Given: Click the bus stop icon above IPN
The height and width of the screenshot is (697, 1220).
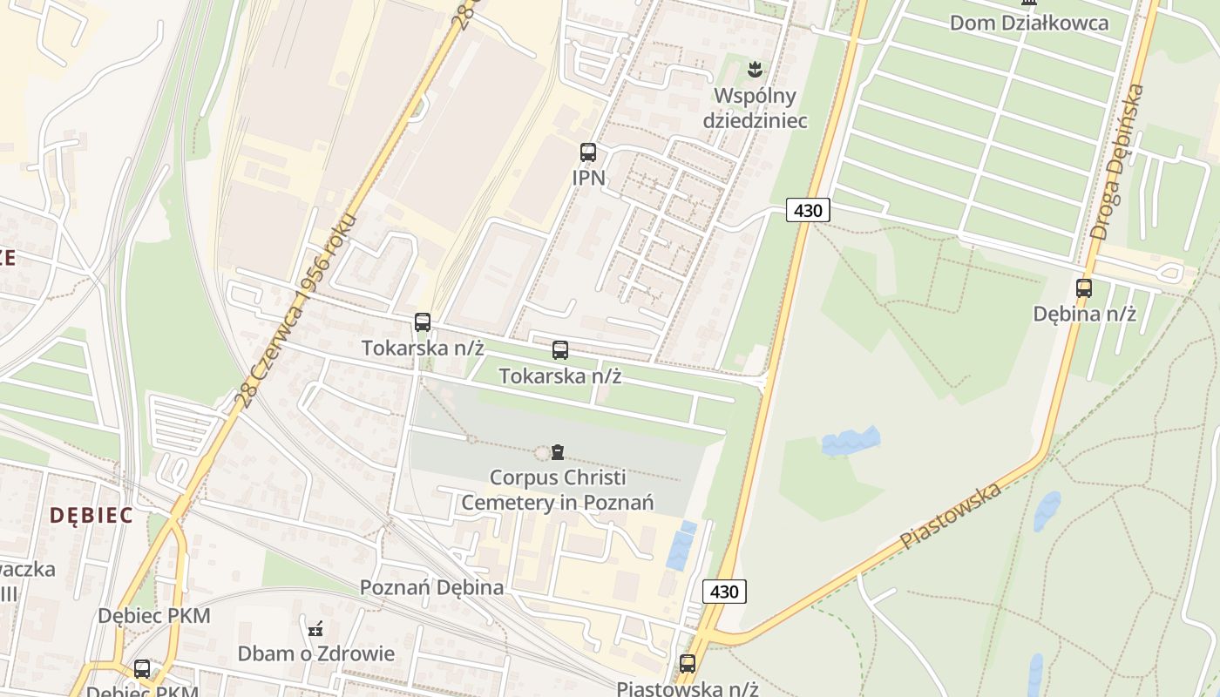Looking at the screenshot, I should point(588,152).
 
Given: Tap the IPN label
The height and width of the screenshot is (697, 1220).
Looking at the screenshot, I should point(588,178).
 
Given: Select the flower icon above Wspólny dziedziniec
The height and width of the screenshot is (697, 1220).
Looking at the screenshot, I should point(756,67).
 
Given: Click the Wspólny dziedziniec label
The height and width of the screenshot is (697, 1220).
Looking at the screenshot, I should point(756,108).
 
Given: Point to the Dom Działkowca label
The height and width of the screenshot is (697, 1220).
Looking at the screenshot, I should point(1029,23).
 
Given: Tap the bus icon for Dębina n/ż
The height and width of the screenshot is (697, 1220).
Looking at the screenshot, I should point(1084,288).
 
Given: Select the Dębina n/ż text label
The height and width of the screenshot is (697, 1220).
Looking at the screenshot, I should point(1084,314).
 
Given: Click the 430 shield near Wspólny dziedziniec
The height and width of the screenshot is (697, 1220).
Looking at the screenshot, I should point(808,210).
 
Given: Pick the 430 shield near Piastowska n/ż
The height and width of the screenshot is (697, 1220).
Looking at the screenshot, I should point(724,592).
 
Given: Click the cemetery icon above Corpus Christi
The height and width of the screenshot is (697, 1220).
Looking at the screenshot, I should point(558,451).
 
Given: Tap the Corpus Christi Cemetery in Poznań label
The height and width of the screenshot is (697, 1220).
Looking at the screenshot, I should point(558,490).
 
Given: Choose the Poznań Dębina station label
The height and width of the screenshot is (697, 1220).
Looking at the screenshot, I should point(432,587).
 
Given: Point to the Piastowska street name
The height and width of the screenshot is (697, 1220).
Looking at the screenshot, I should point(951,516).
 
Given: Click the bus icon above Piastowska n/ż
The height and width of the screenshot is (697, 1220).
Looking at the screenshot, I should point(688,664).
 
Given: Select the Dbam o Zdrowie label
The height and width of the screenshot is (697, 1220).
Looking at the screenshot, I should point(316,653).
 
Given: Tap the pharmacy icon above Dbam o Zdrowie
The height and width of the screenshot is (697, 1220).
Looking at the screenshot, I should point(315,627).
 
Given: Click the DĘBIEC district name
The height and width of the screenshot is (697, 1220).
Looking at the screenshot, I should point(91,515).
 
